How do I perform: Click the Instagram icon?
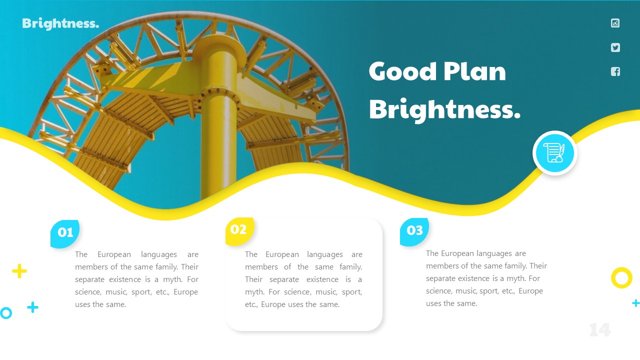pos(615,23)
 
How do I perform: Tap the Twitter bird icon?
pos(615,47)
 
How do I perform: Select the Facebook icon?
pos(615,71)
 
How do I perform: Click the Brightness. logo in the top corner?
pos(60,23)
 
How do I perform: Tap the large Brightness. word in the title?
pos(444,109)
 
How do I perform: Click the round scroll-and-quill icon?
pos(555,153)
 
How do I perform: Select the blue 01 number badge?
pos(65,233)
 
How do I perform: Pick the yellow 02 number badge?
pos(239,230)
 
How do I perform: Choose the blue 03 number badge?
pos(414,231)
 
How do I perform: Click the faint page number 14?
pos(599,330)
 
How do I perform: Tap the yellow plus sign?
pos(19,271)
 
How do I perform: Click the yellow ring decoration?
pos(621,277)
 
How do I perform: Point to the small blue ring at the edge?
pos(5,313)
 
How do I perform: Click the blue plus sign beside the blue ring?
pos(32,307)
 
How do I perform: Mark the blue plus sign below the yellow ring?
pos(635,303)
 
